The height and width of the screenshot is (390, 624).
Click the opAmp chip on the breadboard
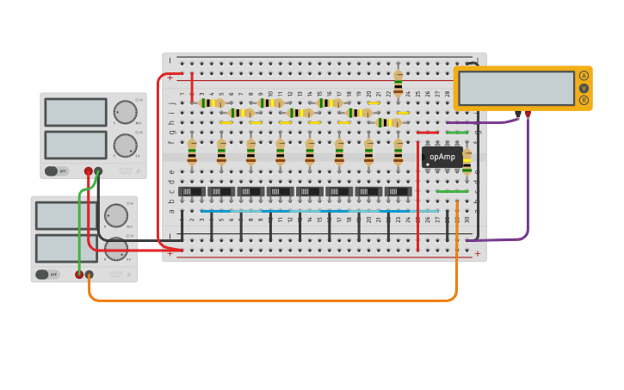pyautogui.click(x=442, y=157)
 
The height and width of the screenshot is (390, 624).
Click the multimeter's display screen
pyautogui.click(x=516, y=88)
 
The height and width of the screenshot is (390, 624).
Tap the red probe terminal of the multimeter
pyautogui.click(x=528, y=114)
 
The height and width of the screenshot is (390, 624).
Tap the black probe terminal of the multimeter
pyautogui.click(x=517, y=114)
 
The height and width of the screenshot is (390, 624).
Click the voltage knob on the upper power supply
pyautogui.click(x=125, y=112)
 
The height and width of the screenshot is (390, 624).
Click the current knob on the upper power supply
pyautogui.click(x=125, y=145)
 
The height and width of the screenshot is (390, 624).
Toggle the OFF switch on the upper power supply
pyautogui.click(x=56, y=171)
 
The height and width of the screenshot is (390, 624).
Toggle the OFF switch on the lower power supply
pyautogui.click(x=46, y=275)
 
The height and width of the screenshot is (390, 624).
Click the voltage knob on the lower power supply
pyautogui.click(x=115, y=215)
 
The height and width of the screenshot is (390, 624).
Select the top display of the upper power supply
pyautogui.click(x=76, y=112)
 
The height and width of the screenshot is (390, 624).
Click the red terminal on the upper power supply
pyautogui.click(x=88, y=171)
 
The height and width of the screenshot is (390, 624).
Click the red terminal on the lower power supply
pyautogui.click(x=79, y=275)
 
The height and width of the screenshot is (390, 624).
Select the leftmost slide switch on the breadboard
pyautogui.click(x=191, y=192)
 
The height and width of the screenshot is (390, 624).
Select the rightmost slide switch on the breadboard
pyautogui.click(x=398, y=192)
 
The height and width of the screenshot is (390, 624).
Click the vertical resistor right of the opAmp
pyautogui.click(x=466, y=162)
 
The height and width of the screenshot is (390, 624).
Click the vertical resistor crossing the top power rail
pyautogui.click(x=398, y=84)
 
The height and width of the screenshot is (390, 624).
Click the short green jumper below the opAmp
pyautogui.click(x=452, y=191)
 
